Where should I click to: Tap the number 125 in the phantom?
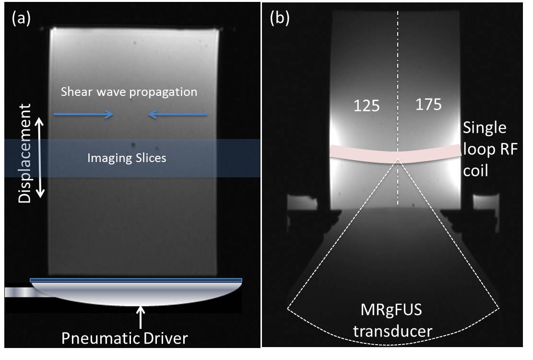pyautogui.click(x=367, y=106)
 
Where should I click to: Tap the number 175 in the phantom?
pyautogui.click(x=428, y=105)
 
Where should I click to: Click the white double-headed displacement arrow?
pyautogui.click(x=41, y=158)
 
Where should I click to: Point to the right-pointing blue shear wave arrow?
pyautogui.click(x=83, y=114)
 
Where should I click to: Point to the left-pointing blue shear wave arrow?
pyautogui.click(x=178, y=114)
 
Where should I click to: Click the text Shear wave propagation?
pyautogui.click(x=129, y=92)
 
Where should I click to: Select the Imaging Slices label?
pyautogui.click(x=127, y=158)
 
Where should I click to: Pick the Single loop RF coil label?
pyautogui.click(x=485, y=149)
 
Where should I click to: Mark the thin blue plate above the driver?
pyautogui.click(x=136, y=280)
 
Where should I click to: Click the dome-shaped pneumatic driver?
pyautogui.click(x=136, y=293)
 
